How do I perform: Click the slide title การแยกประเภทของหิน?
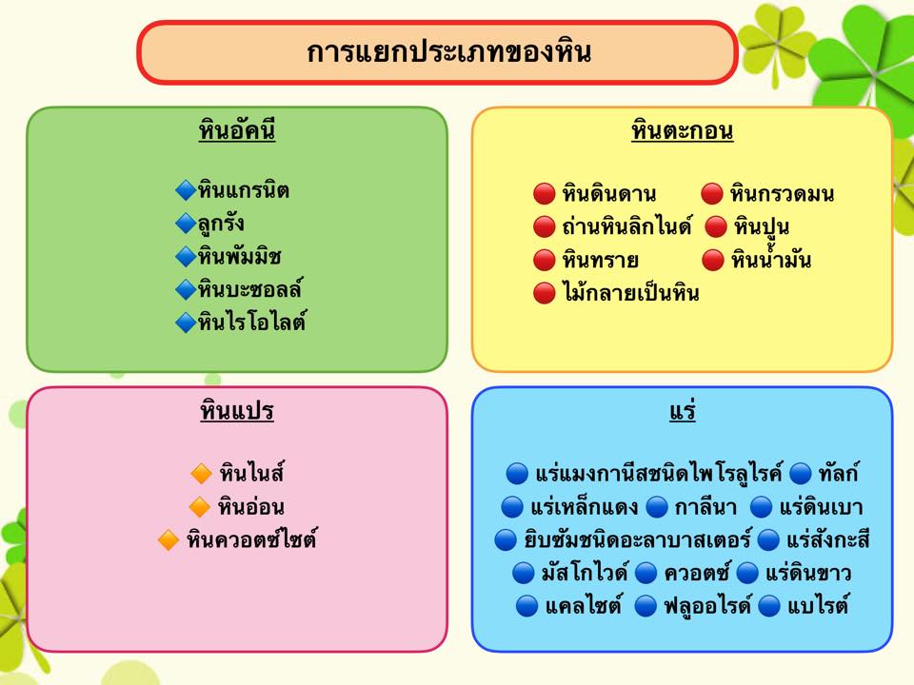448,51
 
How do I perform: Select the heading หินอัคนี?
237,130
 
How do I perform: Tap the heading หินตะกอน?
682,130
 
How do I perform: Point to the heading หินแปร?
237,411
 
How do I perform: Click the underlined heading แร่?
682,411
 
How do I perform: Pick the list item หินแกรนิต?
243,190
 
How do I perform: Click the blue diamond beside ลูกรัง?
186,223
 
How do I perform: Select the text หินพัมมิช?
240,256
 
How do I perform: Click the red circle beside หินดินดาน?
544,194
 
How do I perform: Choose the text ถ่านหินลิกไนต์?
627,226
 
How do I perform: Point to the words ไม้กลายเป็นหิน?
630,292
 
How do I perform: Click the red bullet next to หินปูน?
716,227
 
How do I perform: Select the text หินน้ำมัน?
771,259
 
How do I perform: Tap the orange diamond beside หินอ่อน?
200,507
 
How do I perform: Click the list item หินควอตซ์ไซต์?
251,540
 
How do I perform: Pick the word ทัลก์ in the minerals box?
838,473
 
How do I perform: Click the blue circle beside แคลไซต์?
527,606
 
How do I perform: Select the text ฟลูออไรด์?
707,606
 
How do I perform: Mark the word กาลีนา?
705,507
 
